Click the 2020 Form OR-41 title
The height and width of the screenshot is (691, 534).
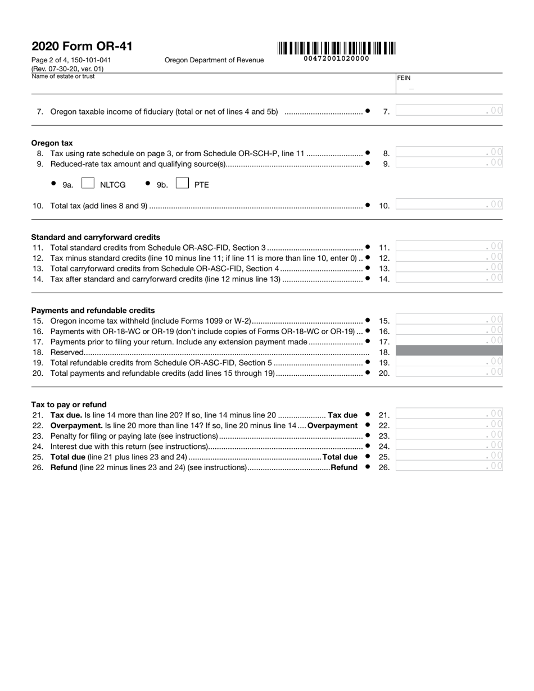coord(82,46)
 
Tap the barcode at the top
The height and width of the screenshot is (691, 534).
coord(336,48)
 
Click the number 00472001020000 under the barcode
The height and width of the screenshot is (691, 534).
coord(336,59)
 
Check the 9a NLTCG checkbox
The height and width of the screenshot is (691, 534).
coord(88,184)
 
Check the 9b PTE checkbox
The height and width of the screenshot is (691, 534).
coord(182,184)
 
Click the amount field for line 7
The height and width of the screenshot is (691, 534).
coord(449,111)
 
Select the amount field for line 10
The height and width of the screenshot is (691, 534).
coord(449,205)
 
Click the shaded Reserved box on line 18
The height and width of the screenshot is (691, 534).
coord(449,351)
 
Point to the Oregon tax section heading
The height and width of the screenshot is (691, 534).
coord(52,143)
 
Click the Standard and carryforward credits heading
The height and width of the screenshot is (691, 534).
coord(96,237)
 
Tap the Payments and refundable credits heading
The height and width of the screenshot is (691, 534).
coord(93,310)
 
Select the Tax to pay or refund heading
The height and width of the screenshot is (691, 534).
coord(69,404)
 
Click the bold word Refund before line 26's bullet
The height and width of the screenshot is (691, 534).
coord(344,467)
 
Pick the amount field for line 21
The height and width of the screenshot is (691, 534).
coord(449,415)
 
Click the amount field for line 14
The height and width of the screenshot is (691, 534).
coord(449,278)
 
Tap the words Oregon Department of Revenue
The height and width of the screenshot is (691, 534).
coord(214,60)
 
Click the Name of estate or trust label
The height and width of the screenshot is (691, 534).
coord(63,76)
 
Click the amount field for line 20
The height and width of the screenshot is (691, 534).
coord(449,372)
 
